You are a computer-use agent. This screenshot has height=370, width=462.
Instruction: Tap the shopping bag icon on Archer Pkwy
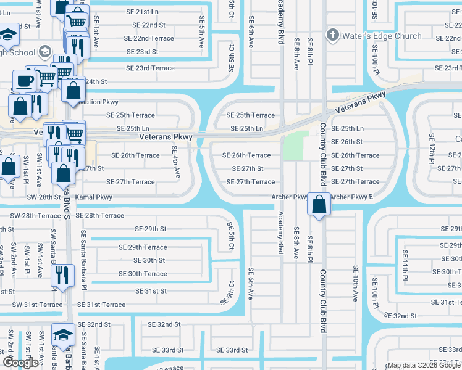point(319,205)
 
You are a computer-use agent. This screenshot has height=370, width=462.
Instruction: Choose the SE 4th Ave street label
point(176,163)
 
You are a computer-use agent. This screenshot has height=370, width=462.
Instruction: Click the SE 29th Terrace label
point(143,247)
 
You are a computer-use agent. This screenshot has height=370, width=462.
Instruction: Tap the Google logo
point(20,362)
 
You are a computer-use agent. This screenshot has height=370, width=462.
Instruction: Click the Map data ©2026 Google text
point(424,365)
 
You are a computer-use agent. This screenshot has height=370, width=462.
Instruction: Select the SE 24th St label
point(96,81)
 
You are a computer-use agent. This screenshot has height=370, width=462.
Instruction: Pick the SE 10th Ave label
point(355,284)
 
